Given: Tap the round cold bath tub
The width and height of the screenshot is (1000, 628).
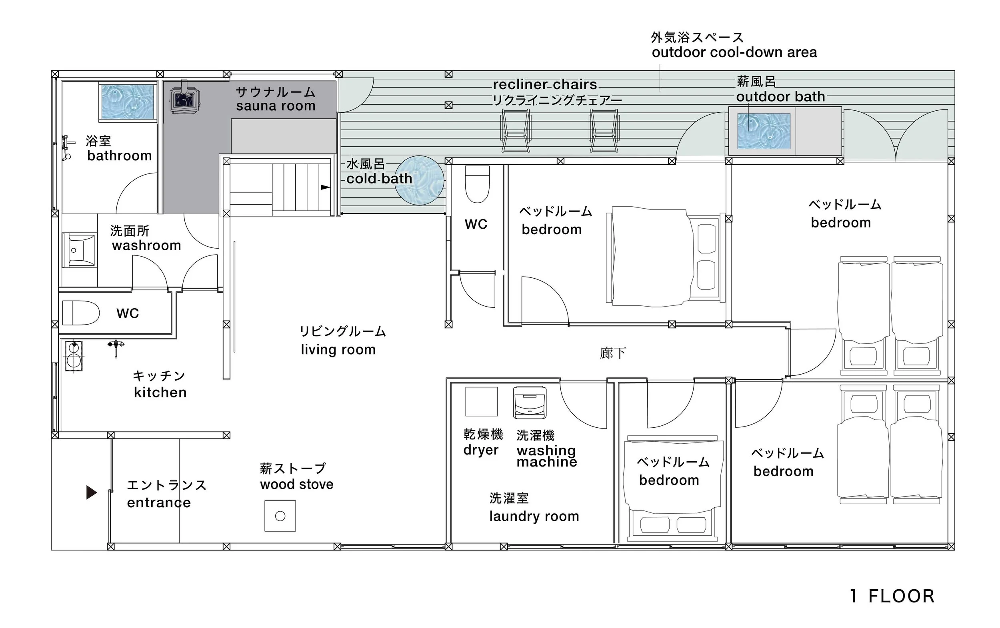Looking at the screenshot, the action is coord(419,180).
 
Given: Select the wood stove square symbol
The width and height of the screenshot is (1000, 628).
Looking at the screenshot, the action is coord(280,516).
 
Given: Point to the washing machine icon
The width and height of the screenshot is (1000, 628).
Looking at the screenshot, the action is coord(530,402).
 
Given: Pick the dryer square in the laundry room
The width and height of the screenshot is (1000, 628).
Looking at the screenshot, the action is coord(481,401).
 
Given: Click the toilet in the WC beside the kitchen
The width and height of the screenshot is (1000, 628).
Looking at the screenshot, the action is coord(81,313).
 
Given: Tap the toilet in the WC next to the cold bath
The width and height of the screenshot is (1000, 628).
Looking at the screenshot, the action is coord(477,184).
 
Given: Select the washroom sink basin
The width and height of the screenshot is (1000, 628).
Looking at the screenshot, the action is coord(78,250).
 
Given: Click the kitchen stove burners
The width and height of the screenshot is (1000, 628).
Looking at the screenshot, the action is coord(74,356).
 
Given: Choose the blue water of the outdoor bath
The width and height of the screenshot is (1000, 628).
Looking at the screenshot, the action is coord(764,131).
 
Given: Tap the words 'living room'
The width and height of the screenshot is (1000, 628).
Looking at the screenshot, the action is coord(338,349).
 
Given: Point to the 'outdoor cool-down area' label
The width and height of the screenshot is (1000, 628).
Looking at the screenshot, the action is coord(734,52).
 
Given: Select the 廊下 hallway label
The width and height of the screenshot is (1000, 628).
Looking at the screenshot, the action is coord(612,353).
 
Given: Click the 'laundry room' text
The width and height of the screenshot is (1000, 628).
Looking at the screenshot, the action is coord(534,516).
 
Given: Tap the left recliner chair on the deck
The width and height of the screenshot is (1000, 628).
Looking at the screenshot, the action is coord(515,131).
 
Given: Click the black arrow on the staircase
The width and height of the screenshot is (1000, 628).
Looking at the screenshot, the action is coord(326,187).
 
